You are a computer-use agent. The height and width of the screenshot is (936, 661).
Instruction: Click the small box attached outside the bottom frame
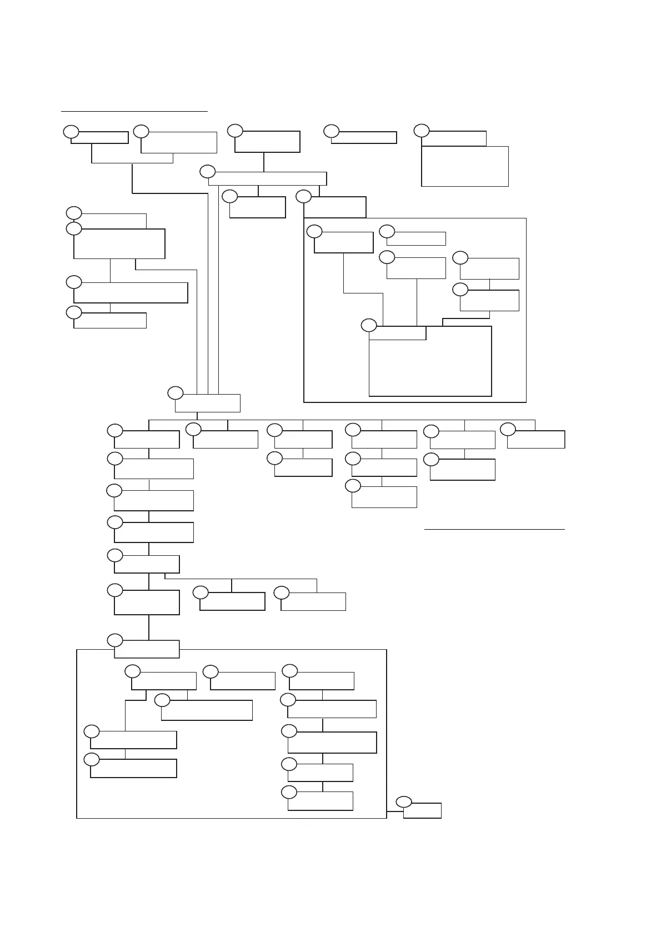coord(422,810)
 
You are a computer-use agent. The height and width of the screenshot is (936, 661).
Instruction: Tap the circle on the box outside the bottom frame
coord(404,801)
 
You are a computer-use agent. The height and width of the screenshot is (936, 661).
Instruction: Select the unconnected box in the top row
coord(364,137)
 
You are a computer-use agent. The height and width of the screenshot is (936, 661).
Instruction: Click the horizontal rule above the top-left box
coord(134,111)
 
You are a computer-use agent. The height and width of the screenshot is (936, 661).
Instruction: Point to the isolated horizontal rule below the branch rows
coord(494,530)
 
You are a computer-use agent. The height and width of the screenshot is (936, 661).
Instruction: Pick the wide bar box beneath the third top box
coord(267,178)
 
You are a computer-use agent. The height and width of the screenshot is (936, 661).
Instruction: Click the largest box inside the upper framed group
coord(430,361)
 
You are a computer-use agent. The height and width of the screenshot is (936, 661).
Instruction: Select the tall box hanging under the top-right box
coord(465,166)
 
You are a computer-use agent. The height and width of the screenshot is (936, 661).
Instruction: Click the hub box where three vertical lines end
coord(208,403)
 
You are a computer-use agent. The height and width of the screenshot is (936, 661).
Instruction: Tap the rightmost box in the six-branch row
coord(536,439)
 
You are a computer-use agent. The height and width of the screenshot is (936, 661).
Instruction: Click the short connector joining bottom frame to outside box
coord(394,811)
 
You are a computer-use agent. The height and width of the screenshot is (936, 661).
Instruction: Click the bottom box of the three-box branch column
coord(384,497)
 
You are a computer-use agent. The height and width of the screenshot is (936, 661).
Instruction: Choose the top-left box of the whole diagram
coord(99,137)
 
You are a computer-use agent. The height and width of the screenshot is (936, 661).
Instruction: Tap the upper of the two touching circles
coord(74,213)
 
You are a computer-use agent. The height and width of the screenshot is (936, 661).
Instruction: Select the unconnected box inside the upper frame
coord(416,238)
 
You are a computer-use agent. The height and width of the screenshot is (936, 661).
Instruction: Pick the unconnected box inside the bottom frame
coord(243,681)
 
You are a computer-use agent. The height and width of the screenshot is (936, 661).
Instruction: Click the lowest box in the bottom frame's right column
coord(321,801)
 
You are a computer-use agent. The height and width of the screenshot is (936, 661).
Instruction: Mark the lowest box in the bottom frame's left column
coord(133,768)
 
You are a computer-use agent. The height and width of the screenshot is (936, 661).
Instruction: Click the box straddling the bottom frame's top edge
coord(147,649)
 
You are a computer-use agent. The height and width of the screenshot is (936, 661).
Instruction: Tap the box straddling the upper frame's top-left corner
coord(335,207)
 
